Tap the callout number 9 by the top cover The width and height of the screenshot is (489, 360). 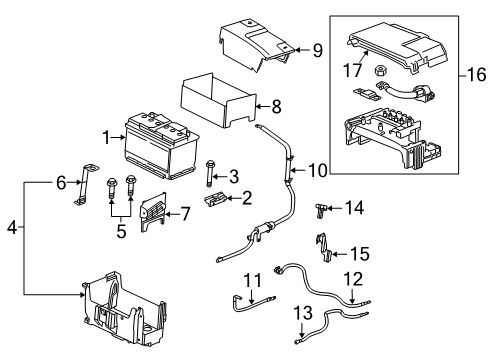click(x=317, y=48)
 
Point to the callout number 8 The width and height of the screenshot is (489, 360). click(x=277, y=103)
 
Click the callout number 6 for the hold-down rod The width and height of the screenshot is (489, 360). click(x=61, y=183)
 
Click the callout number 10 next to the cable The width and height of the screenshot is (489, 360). click(x=318, y=171)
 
